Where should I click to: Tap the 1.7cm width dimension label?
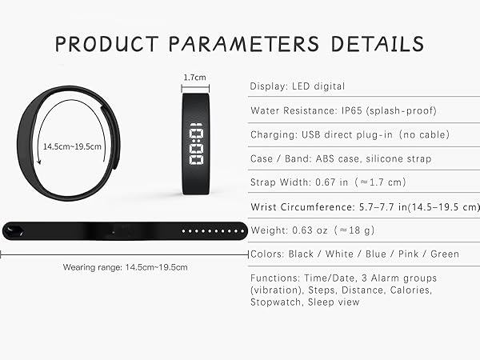pos(194,78)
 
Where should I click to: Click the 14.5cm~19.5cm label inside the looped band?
pos(73,147)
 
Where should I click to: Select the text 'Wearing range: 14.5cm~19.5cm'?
pos(125,266)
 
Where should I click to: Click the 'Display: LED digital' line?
pos(298,86)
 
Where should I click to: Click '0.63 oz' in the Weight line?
pos(310,230)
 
